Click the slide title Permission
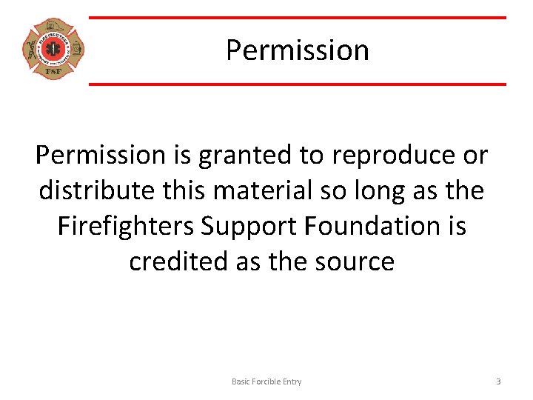(297, 50)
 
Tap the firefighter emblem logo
(53, 50)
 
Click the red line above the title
(297, 18)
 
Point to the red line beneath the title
(297, 84)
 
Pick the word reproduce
(393, 156)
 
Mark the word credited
(175, 261)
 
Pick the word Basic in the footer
(242, 381)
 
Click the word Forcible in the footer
(268, 381)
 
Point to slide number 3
(498, 381)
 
